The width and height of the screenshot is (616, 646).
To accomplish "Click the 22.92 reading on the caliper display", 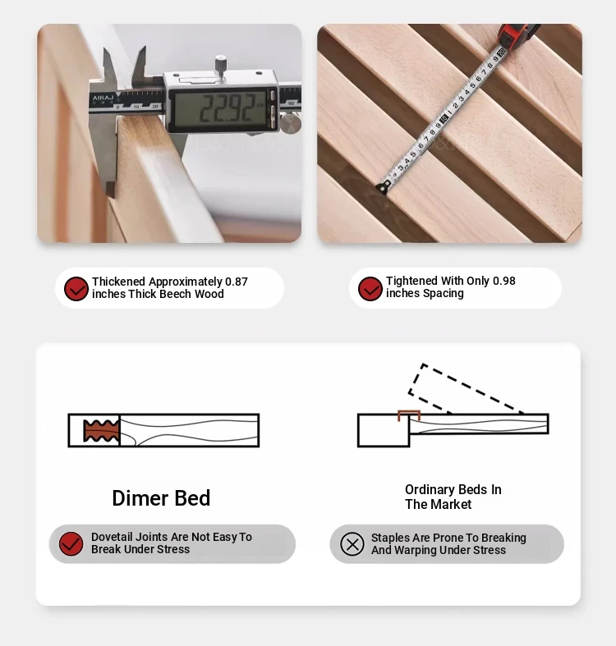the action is click(x=227, y=108).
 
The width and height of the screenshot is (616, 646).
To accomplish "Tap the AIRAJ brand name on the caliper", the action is click(x=103, y=98).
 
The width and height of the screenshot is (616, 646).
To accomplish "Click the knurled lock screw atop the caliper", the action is click(x=221, y=65).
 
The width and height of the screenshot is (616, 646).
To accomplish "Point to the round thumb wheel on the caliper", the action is click(x=291, y=123).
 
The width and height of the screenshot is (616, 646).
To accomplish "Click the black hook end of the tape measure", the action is click(x=383, y=187).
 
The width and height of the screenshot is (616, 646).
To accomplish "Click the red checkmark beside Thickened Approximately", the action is click(x=76, y=288).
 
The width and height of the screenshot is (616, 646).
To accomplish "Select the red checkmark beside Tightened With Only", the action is click(x=370, y=288).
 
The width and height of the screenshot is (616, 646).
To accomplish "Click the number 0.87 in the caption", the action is click(x=237, y=282).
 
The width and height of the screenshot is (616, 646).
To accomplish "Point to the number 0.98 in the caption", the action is click(x=503, y=281).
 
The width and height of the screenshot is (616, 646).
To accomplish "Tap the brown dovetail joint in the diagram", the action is click(x=101, y=430).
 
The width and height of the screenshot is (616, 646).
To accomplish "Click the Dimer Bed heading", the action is click(x=161, y=498).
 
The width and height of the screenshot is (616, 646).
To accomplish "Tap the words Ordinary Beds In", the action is click(x=453, y=489).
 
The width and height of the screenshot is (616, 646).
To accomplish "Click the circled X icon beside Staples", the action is click(x=352, y=544).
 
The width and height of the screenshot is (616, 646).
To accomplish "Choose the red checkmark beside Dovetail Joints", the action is click(x=71, y=544).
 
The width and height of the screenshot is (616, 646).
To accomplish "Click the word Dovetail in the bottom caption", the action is click(x=112, y=537).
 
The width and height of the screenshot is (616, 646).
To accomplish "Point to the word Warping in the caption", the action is click(x=414, y=551).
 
